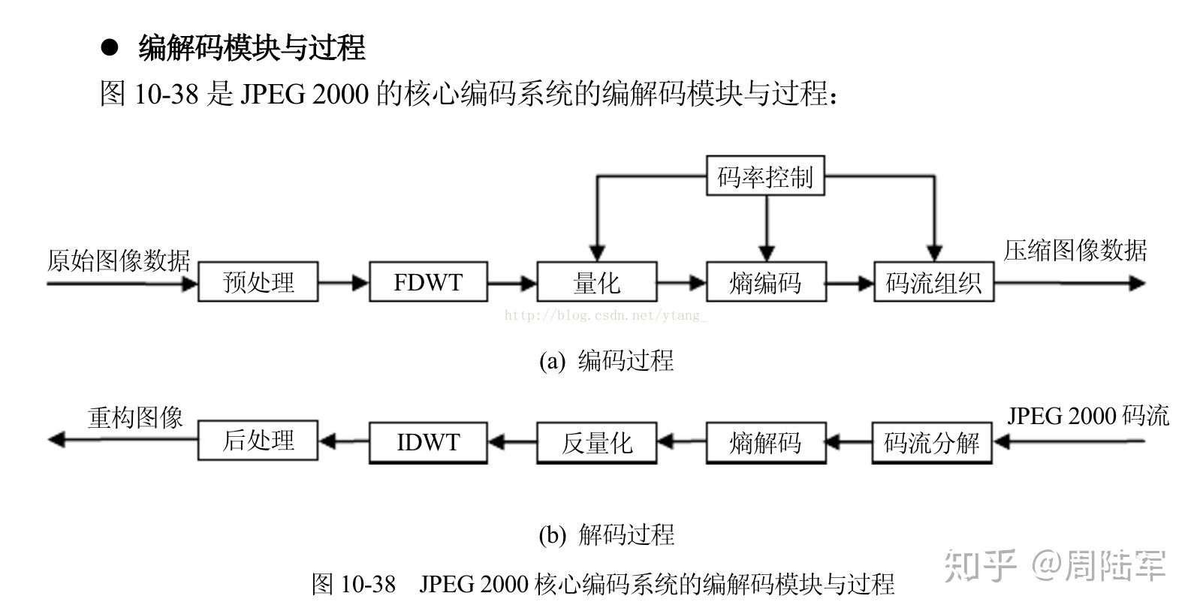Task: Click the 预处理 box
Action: pyautogui.click(x=258, y=282)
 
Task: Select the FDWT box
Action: pyautogui.click(x=428, y=282)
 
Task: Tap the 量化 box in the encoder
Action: pyautogui.click(x=597, y=282)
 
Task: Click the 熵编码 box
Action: pyautogui.click(x=766, y=282)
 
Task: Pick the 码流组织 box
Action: pyautogui.click(x=934, y=282)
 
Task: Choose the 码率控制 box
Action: pyautogui.click(x=765, y=176)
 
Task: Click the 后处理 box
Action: pyautogui.click(x=258, y=441)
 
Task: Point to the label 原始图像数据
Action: pyautogui.click(x=119, y=260)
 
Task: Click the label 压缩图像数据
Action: pyautogui.click(x=1075, y=251)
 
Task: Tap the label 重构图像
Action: pyautogui.click(x=135, y=417)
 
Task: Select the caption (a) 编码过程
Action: pyautogui.click(x=607, y=360)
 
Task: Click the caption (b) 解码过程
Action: pyautogui.click(x=607, y=534)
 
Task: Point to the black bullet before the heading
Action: pyautogui.click(x=110, y=47)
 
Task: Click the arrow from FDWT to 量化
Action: pyautogui.click(x=512, y=282)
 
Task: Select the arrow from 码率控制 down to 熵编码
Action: pyautogui.click(x=767, y=228)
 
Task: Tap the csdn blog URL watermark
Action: pyautogui.click(x=605, y=315)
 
